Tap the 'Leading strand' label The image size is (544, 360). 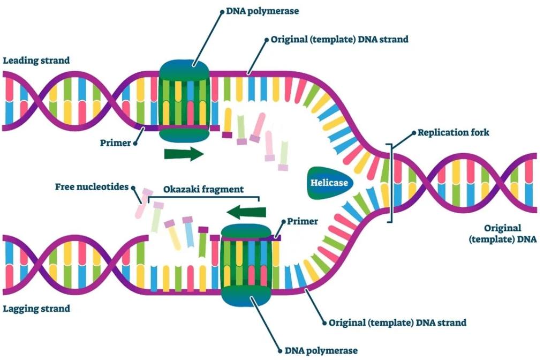point(36,61)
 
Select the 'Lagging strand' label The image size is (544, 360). point(36,309)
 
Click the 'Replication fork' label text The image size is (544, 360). point(453,132)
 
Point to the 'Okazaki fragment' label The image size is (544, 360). point(203,189)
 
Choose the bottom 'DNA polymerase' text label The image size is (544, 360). point(320,350)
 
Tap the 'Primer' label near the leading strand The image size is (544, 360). point(115,143)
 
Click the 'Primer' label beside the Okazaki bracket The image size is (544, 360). point(303,221)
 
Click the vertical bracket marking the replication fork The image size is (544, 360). point(391,182)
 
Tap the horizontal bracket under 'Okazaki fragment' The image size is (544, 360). point(203,198)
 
